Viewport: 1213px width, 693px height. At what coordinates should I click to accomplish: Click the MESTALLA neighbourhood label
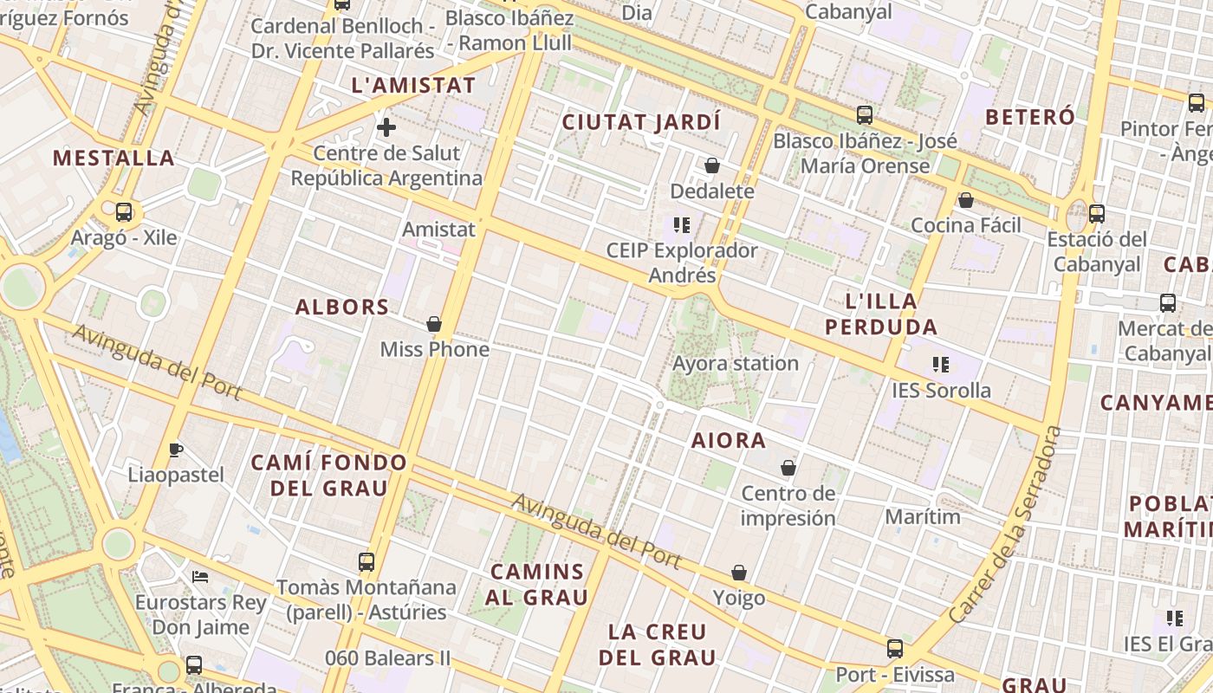114,158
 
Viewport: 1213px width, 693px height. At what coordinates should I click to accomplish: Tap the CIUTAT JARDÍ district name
641,122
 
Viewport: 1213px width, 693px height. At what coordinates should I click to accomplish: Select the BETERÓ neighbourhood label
1030,117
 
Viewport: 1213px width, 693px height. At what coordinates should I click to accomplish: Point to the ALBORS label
342,307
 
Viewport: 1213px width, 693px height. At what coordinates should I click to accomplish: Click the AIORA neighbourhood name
729,440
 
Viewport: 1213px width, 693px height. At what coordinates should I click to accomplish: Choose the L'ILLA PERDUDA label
880,314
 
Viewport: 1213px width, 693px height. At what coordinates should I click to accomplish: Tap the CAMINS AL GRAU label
536,584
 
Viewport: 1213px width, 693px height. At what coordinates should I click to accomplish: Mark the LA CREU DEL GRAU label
658,644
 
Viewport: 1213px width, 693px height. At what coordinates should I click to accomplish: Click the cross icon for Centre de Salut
386,128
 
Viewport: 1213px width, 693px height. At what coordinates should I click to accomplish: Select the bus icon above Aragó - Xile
124,211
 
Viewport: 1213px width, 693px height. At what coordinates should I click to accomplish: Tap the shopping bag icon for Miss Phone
434,324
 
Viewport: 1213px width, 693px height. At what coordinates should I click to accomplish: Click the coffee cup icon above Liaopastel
176,449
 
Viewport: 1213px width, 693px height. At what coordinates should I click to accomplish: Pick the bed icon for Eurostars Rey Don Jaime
200,576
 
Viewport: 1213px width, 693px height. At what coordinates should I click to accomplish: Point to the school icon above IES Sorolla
941,365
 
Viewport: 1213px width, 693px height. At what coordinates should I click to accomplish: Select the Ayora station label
736,363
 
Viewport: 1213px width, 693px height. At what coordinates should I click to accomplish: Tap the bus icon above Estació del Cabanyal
1097,213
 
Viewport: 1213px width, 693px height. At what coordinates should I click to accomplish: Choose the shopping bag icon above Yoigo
739,573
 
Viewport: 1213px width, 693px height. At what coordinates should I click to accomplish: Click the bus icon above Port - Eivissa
895,648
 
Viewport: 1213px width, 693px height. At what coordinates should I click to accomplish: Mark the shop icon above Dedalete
712,165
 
